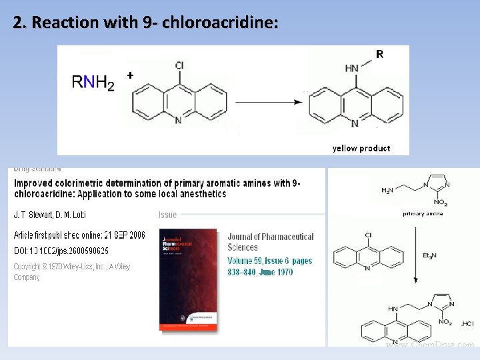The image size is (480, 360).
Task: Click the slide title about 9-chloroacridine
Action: [145, 23]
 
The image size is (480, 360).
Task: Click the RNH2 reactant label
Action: [93, 82]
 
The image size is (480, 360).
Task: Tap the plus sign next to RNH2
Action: [130, 76]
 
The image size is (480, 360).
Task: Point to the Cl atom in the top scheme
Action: [179, 65]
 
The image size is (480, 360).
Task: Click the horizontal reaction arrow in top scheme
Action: [267, 103]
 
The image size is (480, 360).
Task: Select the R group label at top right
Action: [379, 55]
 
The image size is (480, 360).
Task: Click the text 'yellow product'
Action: [361, 148]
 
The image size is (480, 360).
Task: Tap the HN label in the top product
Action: [352, 67]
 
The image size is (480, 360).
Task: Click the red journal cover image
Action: [188, 279]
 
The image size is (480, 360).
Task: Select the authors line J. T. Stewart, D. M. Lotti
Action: [50, 215]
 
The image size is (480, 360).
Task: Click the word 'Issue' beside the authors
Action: [167, 215]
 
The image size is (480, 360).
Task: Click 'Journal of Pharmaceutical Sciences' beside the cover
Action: [270, 241]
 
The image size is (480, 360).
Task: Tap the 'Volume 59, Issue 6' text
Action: [269, 261]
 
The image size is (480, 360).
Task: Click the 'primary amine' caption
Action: [422, 213]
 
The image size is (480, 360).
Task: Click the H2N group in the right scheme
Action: [387, 191]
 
